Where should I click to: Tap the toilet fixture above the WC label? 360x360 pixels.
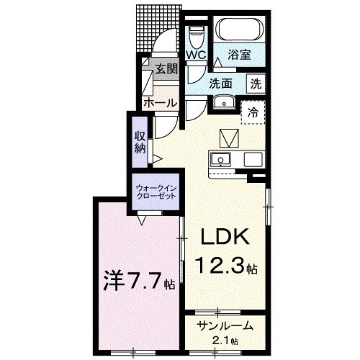[x=196, y=35]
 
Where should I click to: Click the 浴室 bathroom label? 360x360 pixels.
[x=241, y=54]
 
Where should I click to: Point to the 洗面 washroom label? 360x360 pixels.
[x=220, y=83]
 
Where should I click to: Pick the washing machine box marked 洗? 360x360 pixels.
[x=255, y=83]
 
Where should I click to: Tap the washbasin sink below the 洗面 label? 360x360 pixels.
[x=223, y=100]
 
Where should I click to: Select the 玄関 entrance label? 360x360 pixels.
[x=166, y=69]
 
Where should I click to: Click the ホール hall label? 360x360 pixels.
[x=160, y=103]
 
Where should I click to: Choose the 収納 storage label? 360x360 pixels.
[x=140, y=143]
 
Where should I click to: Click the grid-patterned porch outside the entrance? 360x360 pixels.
[x=153, y=27]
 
